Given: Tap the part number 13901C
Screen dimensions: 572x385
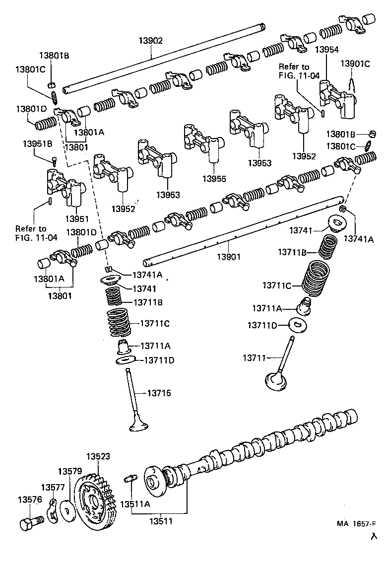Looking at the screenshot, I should pos(355,64).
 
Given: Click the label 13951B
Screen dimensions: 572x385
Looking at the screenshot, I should pos(38,143).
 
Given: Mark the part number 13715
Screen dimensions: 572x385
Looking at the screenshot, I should pos(159,393).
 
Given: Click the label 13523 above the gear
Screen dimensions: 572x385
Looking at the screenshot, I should pos(98,456).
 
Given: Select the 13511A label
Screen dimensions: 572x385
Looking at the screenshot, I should pos(134,504).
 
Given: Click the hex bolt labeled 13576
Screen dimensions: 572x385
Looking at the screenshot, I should pos(31,523).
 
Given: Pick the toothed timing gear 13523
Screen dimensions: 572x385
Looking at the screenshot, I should pos(94,501).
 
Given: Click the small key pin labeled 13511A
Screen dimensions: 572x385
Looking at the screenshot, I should pos(130,479).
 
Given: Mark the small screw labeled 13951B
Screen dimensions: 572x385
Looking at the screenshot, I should pos(54,160).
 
